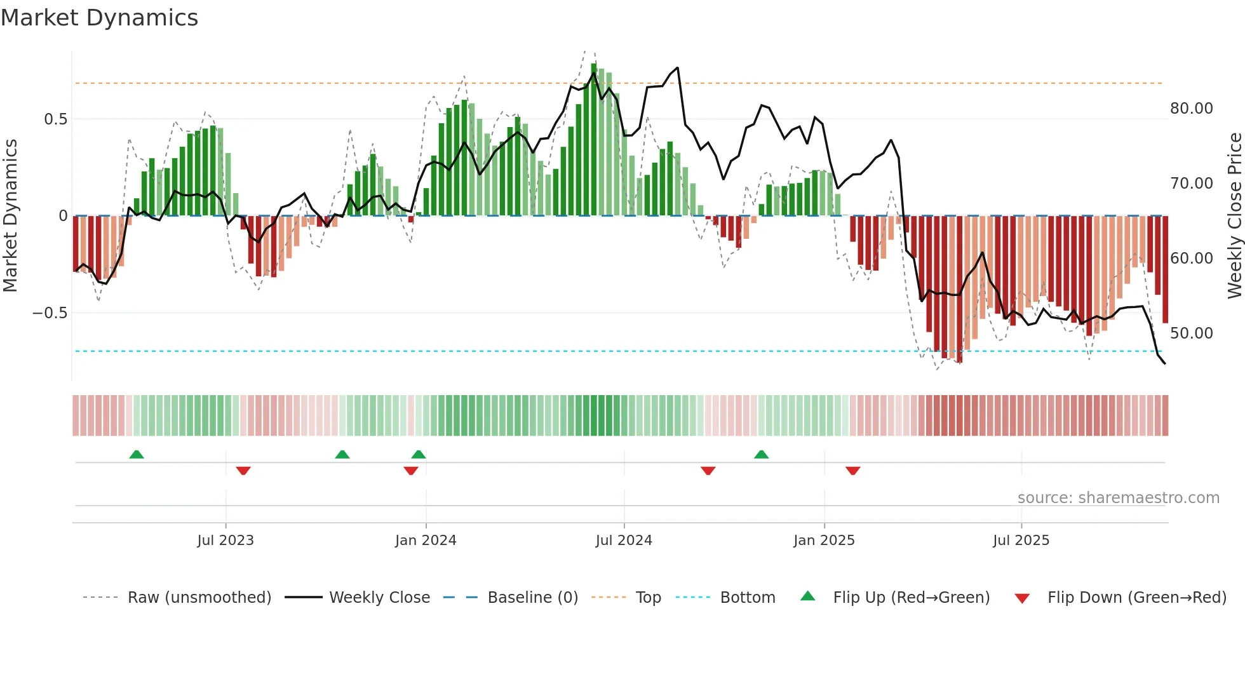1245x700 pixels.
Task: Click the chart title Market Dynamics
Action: click(99, 18)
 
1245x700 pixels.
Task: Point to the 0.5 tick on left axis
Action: click(55, 119)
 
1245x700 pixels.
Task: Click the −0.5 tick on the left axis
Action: click(50, 313)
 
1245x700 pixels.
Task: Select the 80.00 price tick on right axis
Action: click(1191, 109)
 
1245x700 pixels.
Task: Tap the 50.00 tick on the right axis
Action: click(1191, 333)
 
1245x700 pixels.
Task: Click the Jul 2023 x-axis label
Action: click(225, 541)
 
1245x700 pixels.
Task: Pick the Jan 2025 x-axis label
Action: click(824, 541)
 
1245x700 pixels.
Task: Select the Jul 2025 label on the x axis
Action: click(1021, 541)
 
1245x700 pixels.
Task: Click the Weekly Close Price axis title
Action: click(1234, 216)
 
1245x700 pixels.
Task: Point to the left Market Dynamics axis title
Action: click(10, 216)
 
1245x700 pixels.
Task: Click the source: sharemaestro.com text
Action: click(1118, 498)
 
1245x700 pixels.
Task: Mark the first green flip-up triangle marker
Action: click(137, 454)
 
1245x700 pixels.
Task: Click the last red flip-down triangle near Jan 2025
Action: click(852, 471)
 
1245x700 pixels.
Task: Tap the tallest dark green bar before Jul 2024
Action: click(594, 140)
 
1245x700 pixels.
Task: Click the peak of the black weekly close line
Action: click(678, 68)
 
